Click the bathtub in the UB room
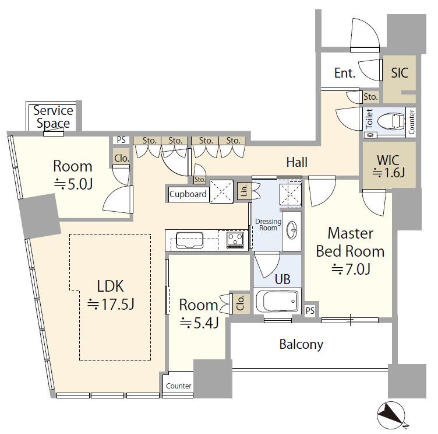[x=277, y=301]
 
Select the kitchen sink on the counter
[x=189, y=240]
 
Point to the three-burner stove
[x=235, y=240]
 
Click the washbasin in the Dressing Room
[x=292, y=230]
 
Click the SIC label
[x=400, y=73]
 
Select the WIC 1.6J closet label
[x=388, y=166]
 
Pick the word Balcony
[x=301, y=344]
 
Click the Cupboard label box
[x=188, y=194]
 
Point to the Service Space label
[x=53, y=117]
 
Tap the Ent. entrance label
[x=345, y=73]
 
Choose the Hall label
[x=297, y=162]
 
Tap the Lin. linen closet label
[x=244, y=191]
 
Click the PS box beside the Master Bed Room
[x=310, y=310]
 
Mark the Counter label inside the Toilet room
[x=411, y=122]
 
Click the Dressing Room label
[x=268, y=225]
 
